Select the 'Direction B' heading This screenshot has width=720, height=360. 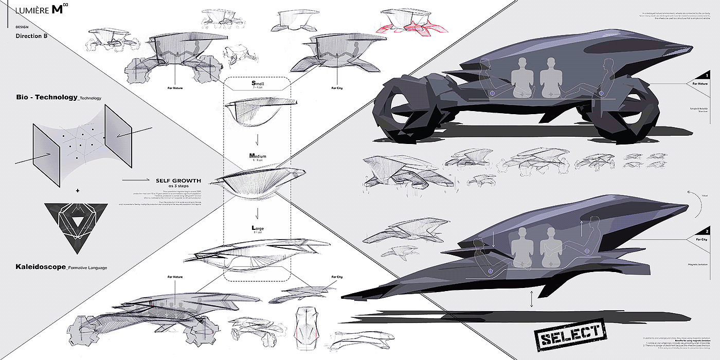[x=32, y=36]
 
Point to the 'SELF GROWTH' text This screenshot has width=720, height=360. [x=178, y=181]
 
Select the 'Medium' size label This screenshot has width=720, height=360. [x=257, y=156]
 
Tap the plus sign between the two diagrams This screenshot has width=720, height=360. [x=78, y=191]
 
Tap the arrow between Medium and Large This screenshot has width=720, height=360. [x=257, y=212]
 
